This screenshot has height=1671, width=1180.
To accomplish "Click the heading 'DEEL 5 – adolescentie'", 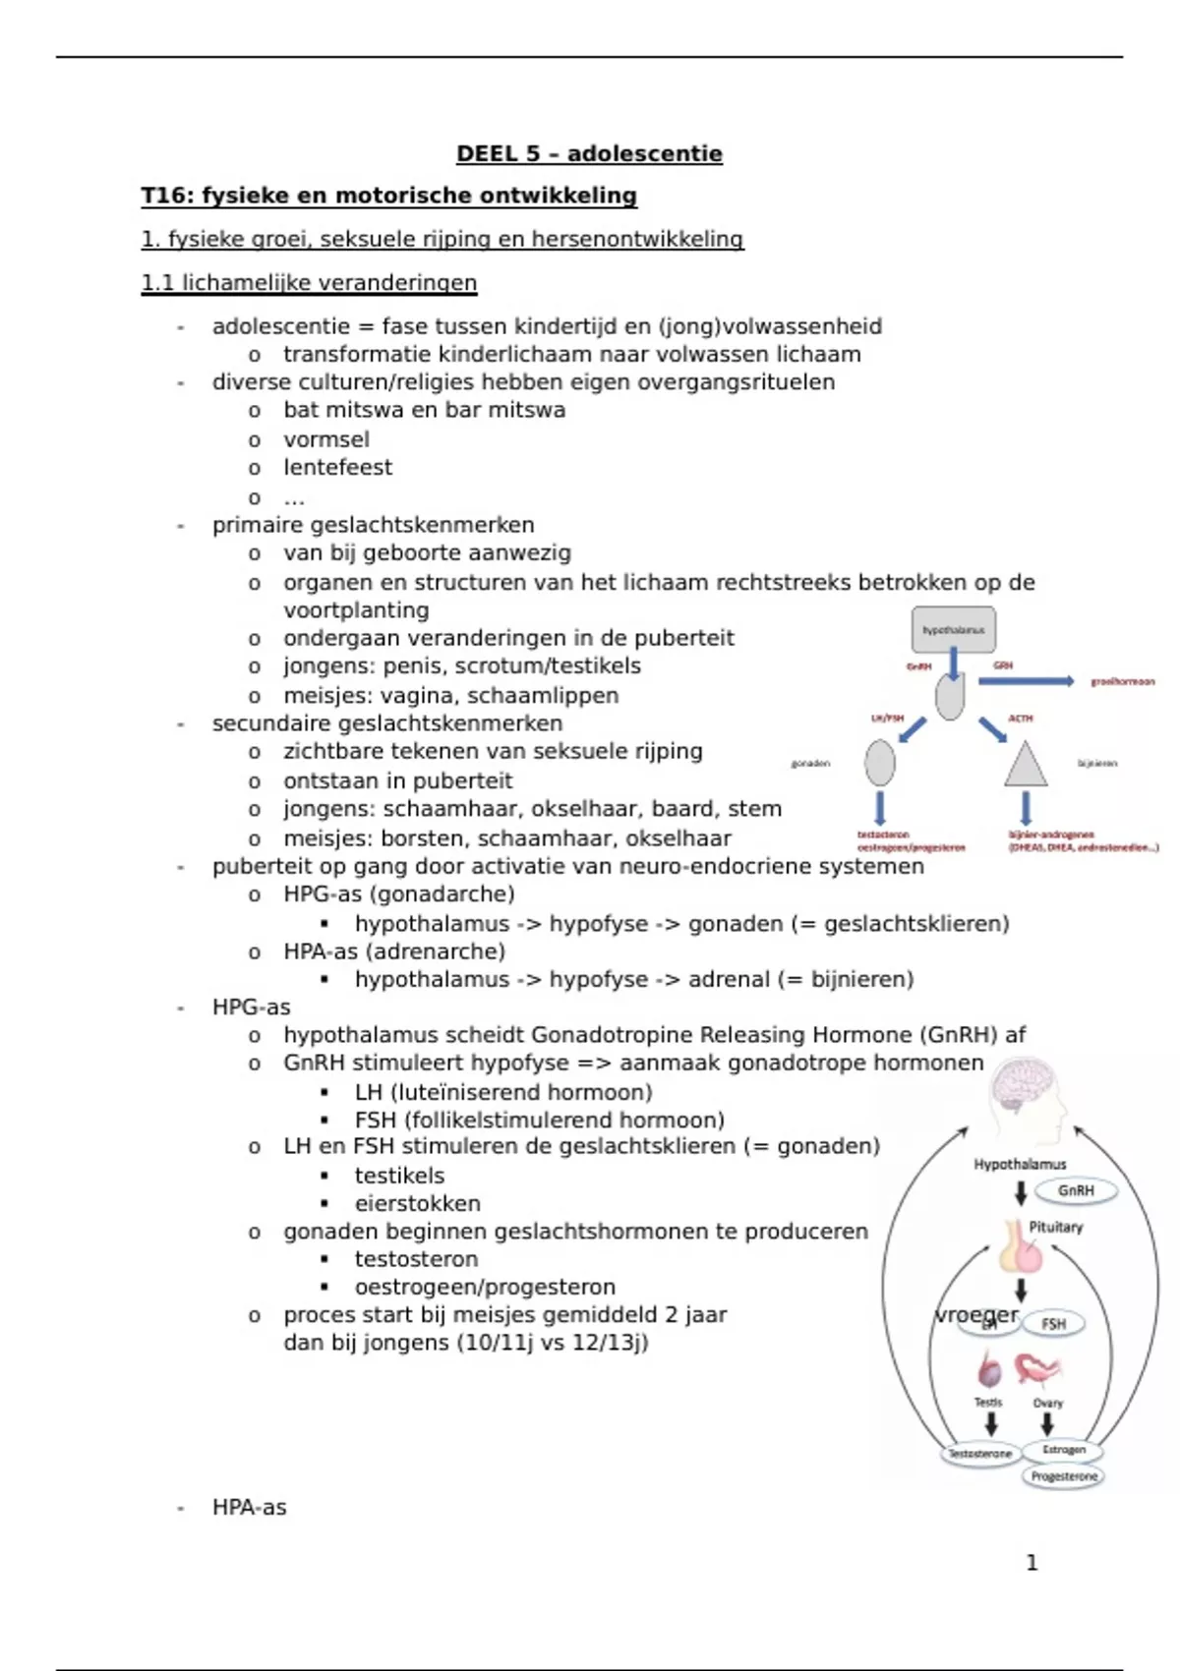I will point(589,153).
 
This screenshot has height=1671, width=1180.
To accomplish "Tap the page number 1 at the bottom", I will point(1032,1562).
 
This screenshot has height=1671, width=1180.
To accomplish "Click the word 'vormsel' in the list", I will point(326,439).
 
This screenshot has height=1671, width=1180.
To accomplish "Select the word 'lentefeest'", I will point(337,467).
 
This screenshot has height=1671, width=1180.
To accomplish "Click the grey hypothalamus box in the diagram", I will point(953,630).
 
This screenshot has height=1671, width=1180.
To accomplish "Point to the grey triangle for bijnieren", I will point(1026,765).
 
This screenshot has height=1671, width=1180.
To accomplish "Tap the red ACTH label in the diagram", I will point(1021,719).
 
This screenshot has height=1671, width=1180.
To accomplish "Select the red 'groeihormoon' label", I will point(1122,681).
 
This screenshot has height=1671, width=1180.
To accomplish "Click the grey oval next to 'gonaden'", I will point(880,763).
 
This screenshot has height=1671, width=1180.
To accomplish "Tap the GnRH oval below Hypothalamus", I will point(1075,1190).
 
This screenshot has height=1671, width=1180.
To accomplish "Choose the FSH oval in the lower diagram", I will point(1053,1324).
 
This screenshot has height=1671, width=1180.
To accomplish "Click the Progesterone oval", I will point(1063,1476).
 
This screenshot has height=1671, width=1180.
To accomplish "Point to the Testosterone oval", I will point(979,1454).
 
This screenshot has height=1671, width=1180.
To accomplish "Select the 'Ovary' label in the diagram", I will point(1047,1403).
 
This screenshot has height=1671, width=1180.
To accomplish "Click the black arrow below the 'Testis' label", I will point(991,1424).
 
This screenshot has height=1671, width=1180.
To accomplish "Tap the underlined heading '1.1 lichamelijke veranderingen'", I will point(309,283).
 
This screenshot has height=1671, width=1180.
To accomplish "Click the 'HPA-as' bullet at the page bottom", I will point(249,1507).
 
